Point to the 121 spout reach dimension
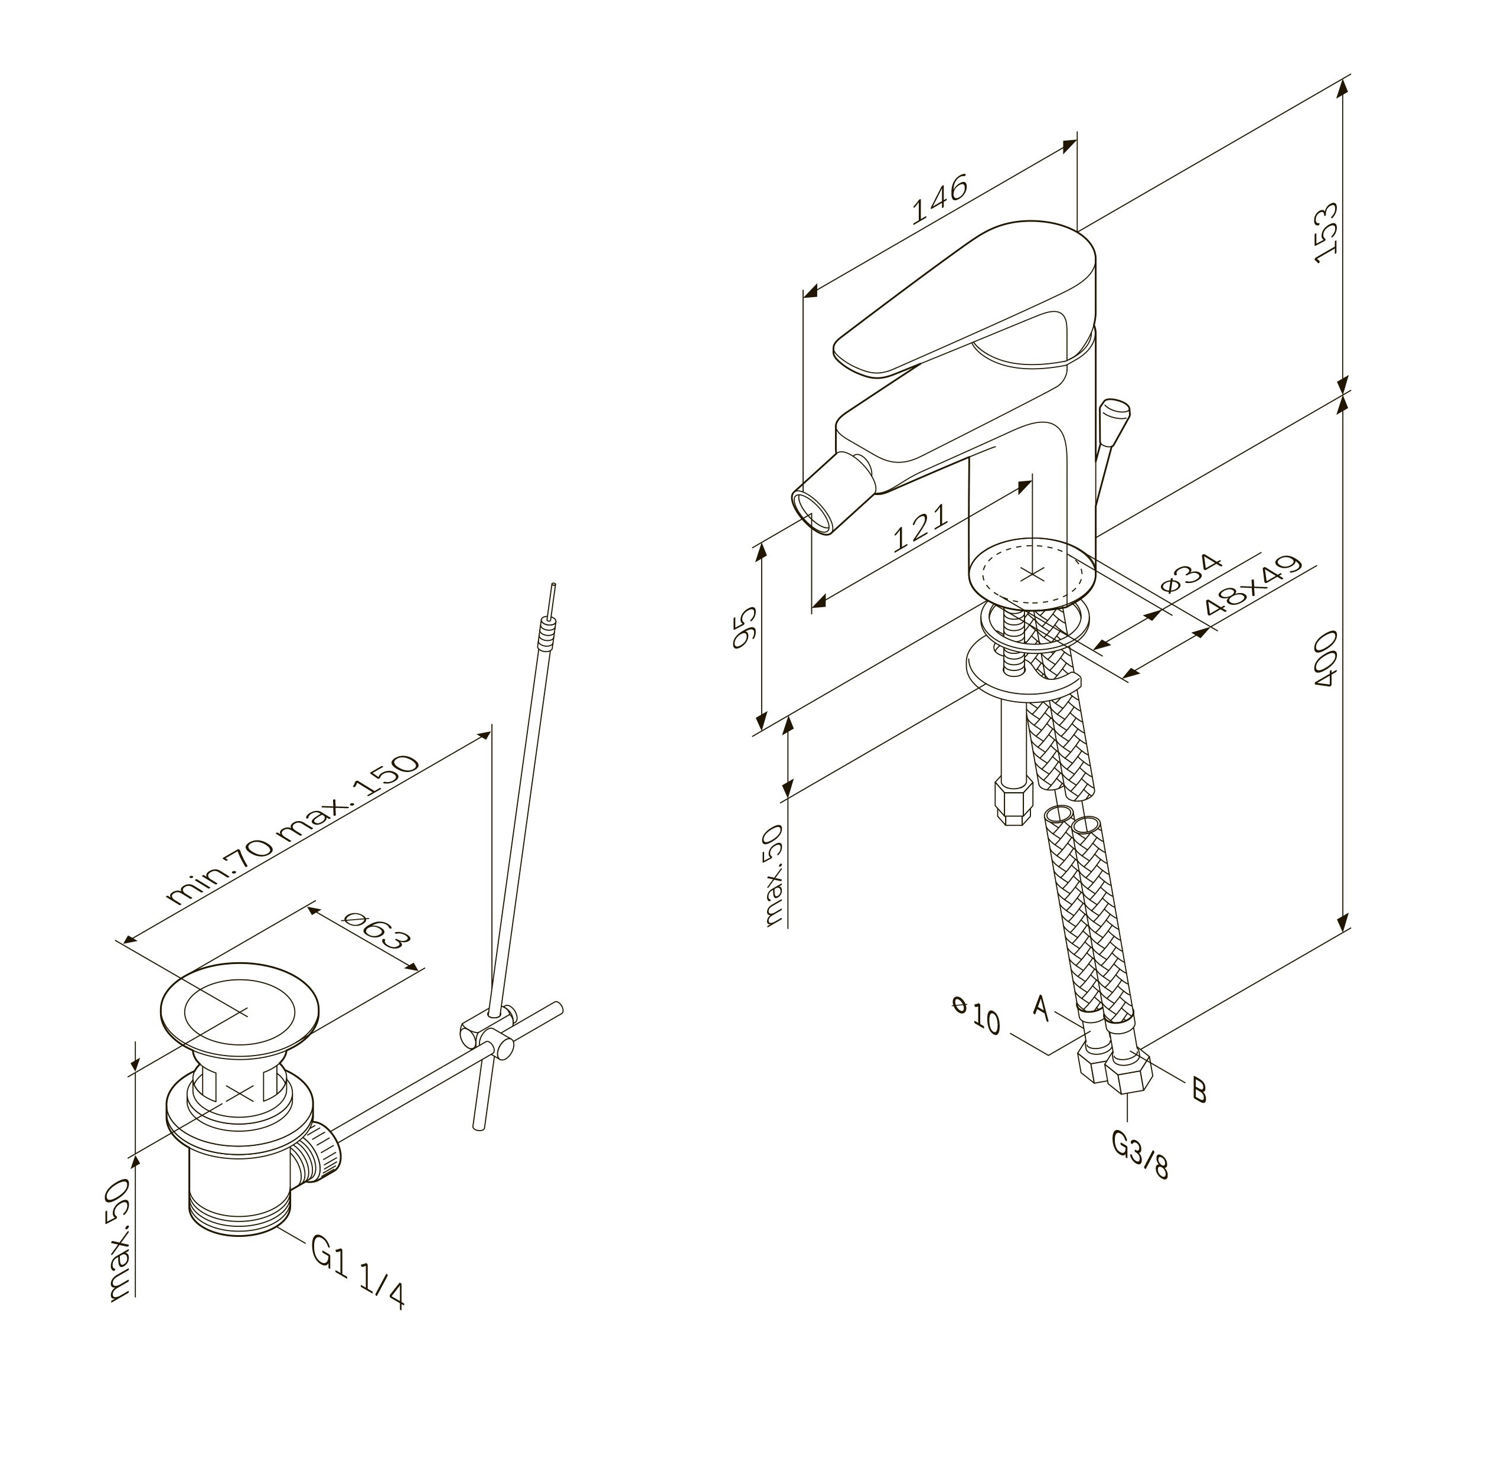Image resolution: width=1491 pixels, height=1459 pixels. (921, 528)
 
